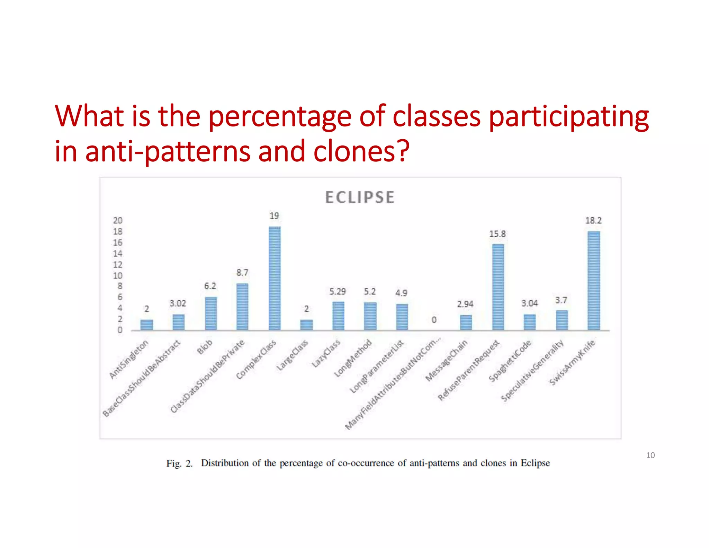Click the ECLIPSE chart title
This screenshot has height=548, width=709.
point(360,197)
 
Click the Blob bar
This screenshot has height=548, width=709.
point(210,313)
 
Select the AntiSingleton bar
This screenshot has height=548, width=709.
point(146,325)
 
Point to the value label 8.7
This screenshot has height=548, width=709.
point(242,273)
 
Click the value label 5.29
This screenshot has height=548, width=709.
point(337,292)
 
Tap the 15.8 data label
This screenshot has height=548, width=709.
point(497,234)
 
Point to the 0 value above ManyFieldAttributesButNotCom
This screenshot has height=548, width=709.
point(434,320)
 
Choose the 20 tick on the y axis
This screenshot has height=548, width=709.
point(118,220)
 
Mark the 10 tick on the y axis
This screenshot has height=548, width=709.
point(118,276)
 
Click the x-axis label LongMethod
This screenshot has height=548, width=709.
point(353,358)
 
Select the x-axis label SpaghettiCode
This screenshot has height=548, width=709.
point(510,361)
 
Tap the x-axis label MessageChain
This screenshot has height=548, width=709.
point(446,361)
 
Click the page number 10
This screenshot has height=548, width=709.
point(650,455)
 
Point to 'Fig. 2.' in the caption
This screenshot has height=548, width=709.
point(179,463)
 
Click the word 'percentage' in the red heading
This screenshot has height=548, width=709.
point(280,117)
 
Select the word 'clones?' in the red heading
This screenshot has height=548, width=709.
point(361,151)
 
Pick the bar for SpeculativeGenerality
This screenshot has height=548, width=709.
point(562,320)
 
